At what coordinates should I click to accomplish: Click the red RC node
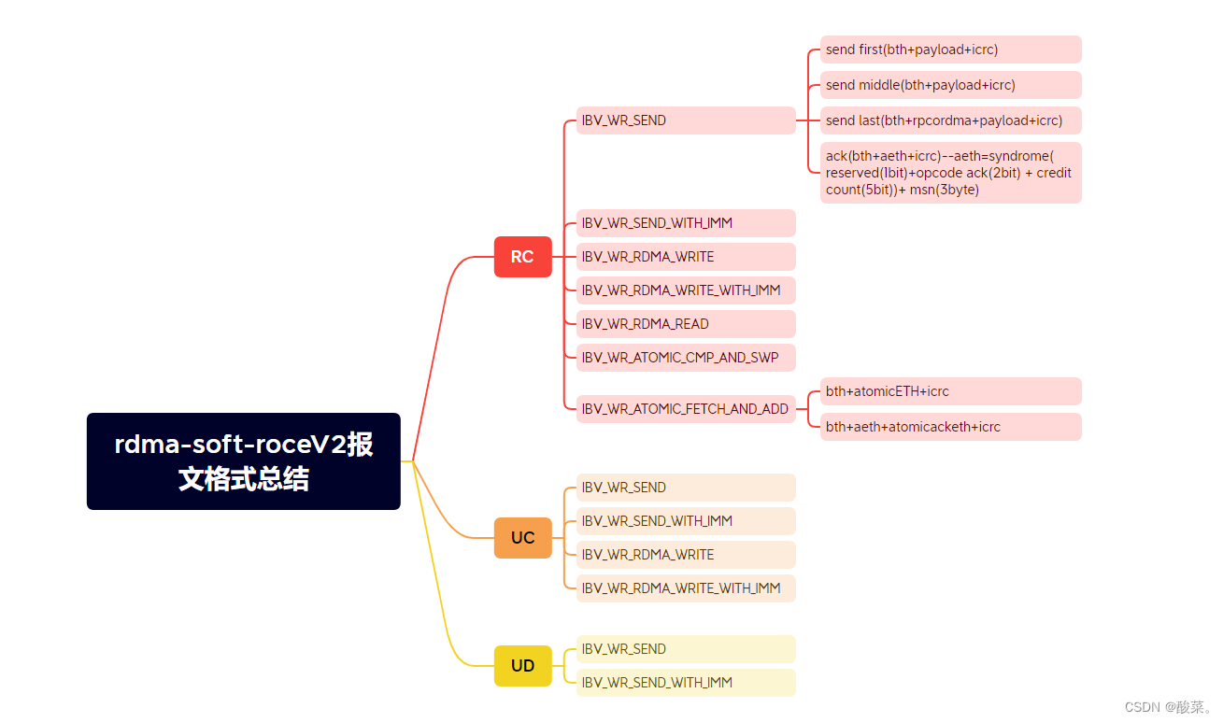pyautogui.click(x=522, y=257)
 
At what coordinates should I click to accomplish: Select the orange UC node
pyautogui.click(x=522, y=538)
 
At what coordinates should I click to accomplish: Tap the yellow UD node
pyautogui.click(x=522, y=666)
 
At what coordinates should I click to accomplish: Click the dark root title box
pyautogui.click(x=244, y=461)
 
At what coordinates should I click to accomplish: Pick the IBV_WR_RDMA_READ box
pyautogui.click(x=685, y=324)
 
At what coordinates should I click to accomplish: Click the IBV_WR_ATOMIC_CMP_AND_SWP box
pyautogui.click(x=685, y=358)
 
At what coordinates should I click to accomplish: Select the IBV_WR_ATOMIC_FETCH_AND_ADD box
pyautogui.click(x=685, y=409)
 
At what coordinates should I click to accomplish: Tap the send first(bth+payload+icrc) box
pyautogui.click(x=950, y=50)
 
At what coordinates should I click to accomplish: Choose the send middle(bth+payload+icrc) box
pyautogui.click(x=950, y=85)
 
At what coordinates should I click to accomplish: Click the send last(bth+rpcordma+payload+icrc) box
pyautogui.click(x=950, y=120)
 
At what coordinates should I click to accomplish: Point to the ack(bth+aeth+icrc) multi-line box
pyautogui.click(x=950, y=173)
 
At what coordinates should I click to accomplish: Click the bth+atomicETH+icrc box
pyautogui.click(x=950, y=391)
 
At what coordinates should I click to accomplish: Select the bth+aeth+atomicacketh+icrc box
pyautogui.click(x=950, y=427)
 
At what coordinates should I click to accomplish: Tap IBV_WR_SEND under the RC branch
pyautogui.click(x=685, y=120)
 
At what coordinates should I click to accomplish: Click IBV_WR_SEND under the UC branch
pyautogui.click(x=685, y=488)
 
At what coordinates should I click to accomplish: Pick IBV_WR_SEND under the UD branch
pyautogui.click(x=685, y=649)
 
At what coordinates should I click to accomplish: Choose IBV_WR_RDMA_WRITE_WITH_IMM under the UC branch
pyautogui.click(x=685, y=588)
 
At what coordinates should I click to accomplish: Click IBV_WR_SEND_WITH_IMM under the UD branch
pyautogui.click(x=685, y=683)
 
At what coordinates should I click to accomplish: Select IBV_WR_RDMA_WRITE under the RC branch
pyautogui.click(x=685, y=257)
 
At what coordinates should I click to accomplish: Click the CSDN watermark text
pyautogui.click(x=1168, y=707)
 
